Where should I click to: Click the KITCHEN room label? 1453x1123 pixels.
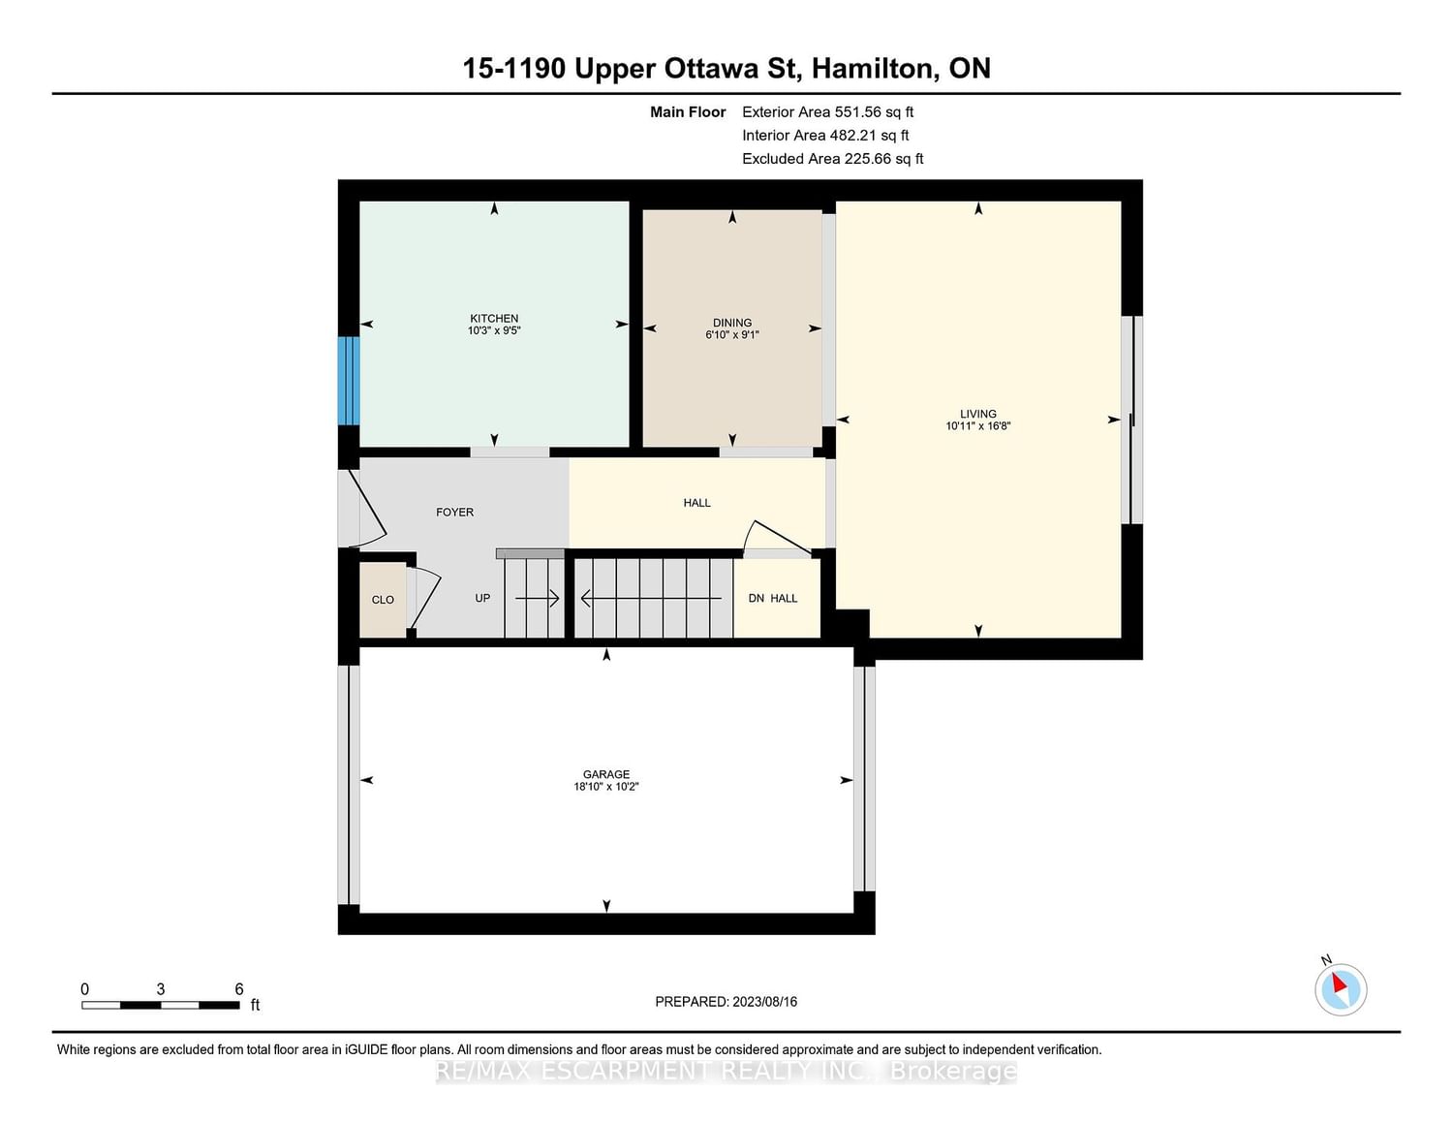[x=494, y=319]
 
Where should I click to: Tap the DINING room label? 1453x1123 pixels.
[x=732, y=323]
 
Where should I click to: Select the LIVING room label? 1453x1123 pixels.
[x=978, y=414]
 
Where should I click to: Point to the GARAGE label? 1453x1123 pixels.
[x=606, y=774]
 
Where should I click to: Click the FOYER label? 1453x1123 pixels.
[x=454, y=513]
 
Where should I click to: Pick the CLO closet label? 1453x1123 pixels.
[x=383, y=600]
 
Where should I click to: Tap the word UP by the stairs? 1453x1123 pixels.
[x=482, y=598]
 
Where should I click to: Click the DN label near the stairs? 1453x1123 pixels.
[x=757, y=598]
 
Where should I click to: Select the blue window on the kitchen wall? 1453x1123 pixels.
[x=349, y=381]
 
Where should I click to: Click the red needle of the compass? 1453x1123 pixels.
[x=1339, y=983]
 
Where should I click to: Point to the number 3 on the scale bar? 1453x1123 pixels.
[x=161, y=989]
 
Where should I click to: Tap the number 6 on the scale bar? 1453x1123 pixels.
[x=238, y=989]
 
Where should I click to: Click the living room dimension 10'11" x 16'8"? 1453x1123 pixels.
[x=978, y=426]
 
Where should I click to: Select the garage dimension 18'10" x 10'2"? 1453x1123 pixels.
[x=606, y=787]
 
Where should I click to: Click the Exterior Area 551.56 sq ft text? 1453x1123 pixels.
[x=828, y=112]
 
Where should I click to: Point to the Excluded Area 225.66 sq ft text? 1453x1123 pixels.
[x=832, y=159]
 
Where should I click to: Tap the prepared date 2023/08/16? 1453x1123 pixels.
[x=765, y=1002]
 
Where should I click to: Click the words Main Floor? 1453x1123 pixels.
[x=688, y=112]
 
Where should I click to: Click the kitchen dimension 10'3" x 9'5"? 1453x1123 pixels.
[x=494, y=330]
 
